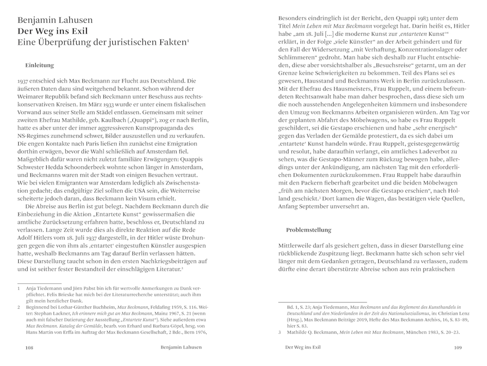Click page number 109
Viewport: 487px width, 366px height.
tap(457, 348)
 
